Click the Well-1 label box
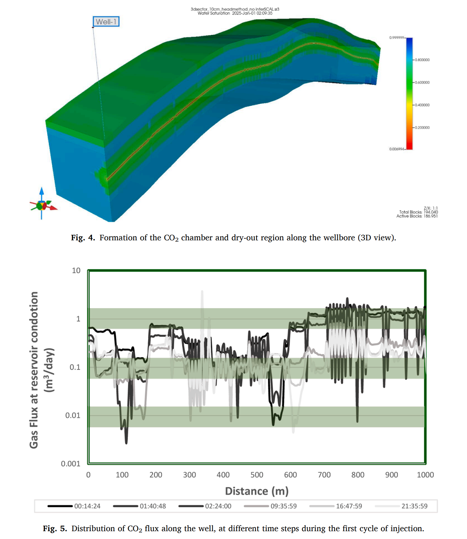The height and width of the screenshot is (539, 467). (x=106, y=22)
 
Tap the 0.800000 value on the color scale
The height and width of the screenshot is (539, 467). (x=422, y=60)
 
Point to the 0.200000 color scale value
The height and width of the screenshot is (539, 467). (x=422, y=127)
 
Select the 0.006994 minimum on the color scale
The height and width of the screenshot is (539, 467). (x=397, y=149)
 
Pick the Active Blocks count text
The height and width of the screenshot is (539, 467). (x=417, y=216)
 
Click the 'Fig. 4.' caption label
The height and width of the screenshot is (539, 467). (x=83, y=238)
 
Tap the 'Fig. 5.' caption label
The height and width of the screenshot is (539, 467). (x=55, y=529)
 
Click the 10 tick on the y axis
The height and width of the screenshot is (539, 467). (x=76, y=271)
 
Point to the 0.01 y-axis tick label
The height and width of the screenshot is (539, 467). (x=73, y=415)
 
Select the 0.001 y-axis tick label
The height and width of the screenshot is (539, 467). (x=70, y=464)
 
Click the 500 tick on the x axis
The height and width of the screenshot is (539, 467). (x=257, y=475)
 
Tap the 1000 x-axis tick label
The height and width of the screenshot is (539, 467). (x=425, y=475)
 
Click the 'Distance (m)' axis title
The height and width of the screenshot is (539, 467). (x=257, y=491)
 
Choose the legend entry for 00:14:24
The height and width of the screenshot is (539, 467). (x=74, y=506)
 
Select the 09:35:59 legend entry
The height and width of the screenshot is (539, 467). (x=270, y=506)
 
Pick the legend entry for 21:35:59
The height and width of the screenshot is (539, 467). (x=401, y=506)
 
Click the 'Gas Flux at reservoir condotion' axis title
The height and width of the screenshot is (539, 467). (x=34, y=370)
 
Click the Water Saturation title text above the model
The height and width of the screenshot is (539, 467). (x=235, y=13)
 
